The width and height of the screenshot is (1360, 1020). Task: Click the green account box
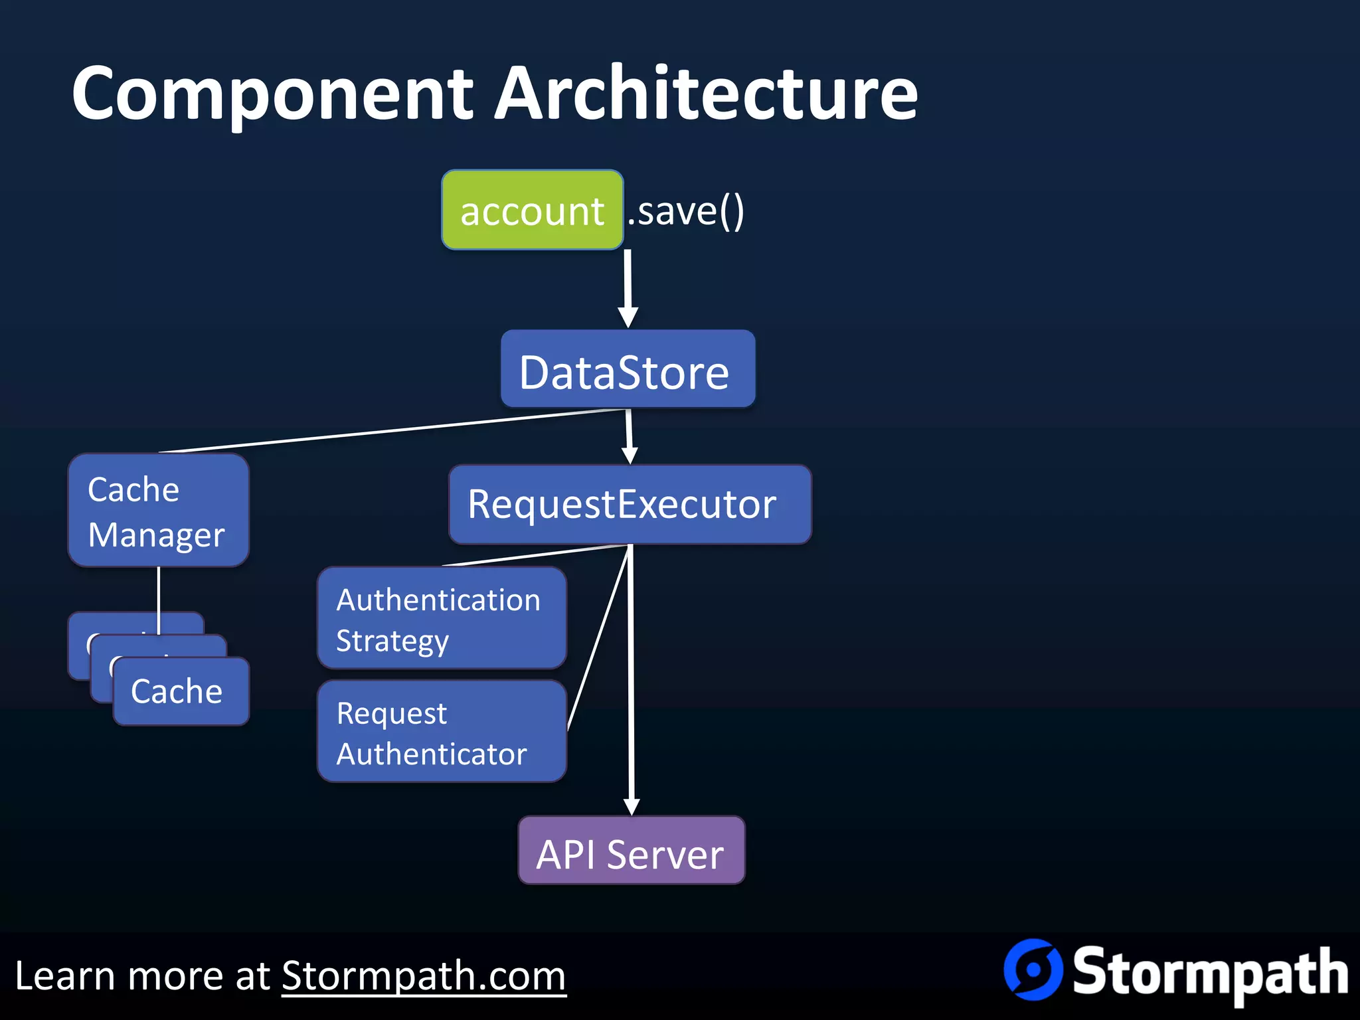pos(532,210)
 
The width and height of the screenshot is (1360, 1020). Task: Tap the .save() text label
pos(686,211)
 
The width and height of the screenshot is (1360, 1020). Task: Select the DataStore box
pos(628,369)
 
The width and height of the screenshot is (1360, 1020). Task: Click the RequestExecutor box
pos(630,505)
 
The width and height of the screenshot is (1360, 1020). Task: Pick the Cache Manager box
pos(158,511)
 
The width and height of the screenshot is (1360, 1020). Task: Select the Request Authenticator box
pos(442,732)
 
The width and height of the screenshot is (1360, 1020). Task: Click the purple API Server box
pos(631,851)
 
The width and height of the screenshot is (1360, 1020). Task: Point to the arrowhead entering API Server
pos(632,806)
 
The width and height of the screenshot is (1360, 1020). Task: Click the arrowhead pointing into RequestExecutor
pos(630,456)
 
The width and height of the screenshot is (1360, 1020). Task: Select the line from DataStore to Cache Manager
pos(392,430)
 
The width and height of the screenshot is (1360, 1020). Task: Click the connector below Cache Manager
pos(159,591)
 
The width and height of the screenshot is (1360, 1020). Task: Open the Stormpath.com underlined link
pos(424,976)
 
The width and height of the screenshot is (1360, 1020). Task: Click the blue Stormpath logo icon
pos(1033,970)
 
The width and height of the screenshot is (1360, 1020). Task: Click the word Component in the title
pos(272,94)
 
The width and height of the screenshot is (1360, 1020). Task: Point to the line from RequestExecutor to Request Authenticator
pos(598,637)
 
